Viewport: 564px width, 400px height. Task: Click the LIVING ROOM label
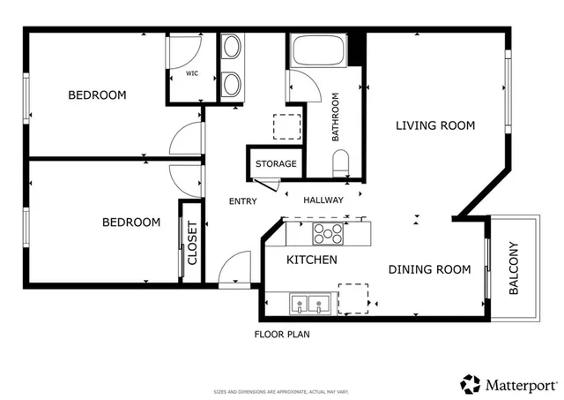point(434,125)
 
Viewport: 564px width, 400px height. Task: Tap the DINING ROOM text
point(429,269)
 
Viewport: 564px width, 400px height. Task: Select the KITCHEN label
point(312,260)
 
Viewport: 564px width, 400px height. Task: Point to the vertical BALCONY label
point(514,268)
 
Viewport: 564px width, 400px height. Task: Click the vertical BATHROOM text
point(336,117)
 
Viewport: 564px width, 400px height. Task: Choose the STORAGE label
point(276,164)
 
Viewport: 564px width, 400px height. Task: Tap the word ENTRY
point(242,201)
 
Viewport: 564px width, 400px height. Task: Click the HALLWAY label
point(323,200)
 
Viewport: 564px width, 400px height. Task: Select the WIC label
point(191,73)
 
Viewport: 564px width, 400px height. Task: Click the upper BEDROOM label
point(97,94)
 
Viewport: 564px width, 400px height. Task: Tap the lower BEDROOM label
point(131,223)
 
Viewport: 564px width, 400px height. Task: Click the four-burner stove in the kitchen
point(328,233)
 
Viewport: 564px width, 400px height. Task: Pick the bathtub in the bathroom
point(317,50)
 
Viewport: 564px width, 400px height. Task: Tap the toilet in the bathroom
point(341,162)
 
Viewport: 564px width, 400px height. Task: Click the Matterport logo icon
point(471,384)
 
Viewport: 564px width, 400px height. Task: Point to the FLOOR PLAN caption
point(281,335)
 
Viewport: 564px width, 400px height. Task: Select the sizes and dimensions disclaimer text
point(281,392)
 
